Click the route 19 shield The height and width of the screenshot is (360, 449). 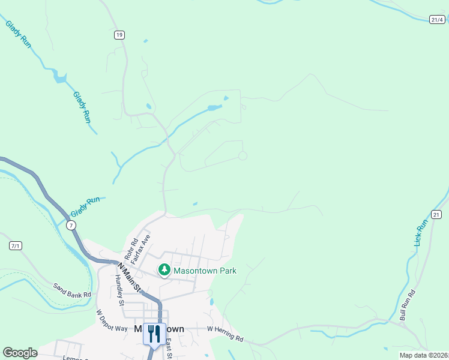click(x=119, y=35)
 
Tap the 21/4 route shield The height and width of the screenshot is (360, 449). click(x=438, y=20)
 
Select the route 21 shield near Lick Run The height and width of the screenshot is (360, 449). click(x=436, y=214)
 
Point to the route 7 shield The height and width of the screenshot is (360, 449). click(x=71, y=225)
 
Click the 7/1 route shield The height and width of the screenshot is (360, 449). click(x=16, y=245)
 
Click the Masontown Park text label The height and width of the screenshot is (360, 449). click(x=205, y=271)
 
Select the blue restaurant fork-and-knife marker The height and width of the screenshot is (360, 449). click(x=154, y=334)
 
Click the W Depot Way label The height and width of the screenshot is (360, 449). click(x=112, y=320)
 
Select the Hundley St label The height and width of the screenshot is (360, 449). click(x=119, y=290)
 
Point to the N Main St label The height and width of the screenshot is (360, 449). click(x=130, y=277)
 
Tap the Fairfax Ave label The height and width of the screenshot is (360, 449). click(x=140, y=246)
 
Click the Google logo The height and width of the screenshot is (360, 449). click(x=20, y=353)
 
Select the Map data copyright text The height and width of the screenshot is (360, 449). click(x=424, y=355)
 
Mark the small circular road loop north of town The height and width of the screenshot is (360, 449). click(x=243, y=156)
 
